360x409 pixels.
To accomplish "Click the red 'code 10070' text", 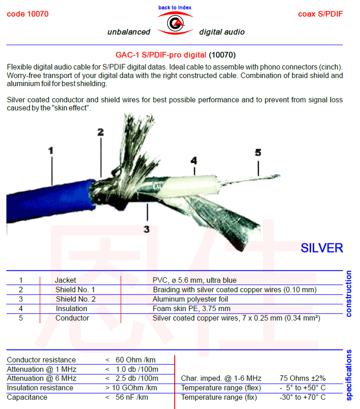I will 27,14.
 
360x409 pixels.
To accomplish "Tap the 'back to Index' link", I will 175,8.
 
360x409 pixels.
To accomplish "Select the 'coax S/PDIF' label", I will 320,14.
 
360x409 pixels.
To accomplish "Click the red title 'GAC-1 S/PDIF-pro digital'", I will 161,55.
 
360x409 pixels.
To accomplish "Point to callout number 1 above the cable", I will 51,150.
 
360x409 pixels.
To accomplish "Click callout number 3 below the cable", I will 147,229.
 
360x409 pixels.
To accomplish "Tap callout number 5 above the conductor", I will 258,153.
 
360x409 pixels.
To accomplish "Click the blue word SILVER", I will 322,248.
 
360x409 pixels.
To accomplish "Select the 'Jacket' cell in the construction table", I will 65,280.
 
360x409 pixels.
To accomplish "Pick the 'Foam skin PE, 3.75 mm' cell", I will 191,309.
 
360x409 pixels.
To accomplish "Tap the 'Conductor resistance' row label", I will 41,360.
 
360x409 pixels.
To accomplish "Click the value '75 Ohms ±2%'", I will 302,378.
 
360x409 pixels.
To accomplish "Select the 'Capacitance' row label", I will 27,397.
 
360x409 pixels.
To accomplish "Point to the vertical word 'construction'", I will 349,294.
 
